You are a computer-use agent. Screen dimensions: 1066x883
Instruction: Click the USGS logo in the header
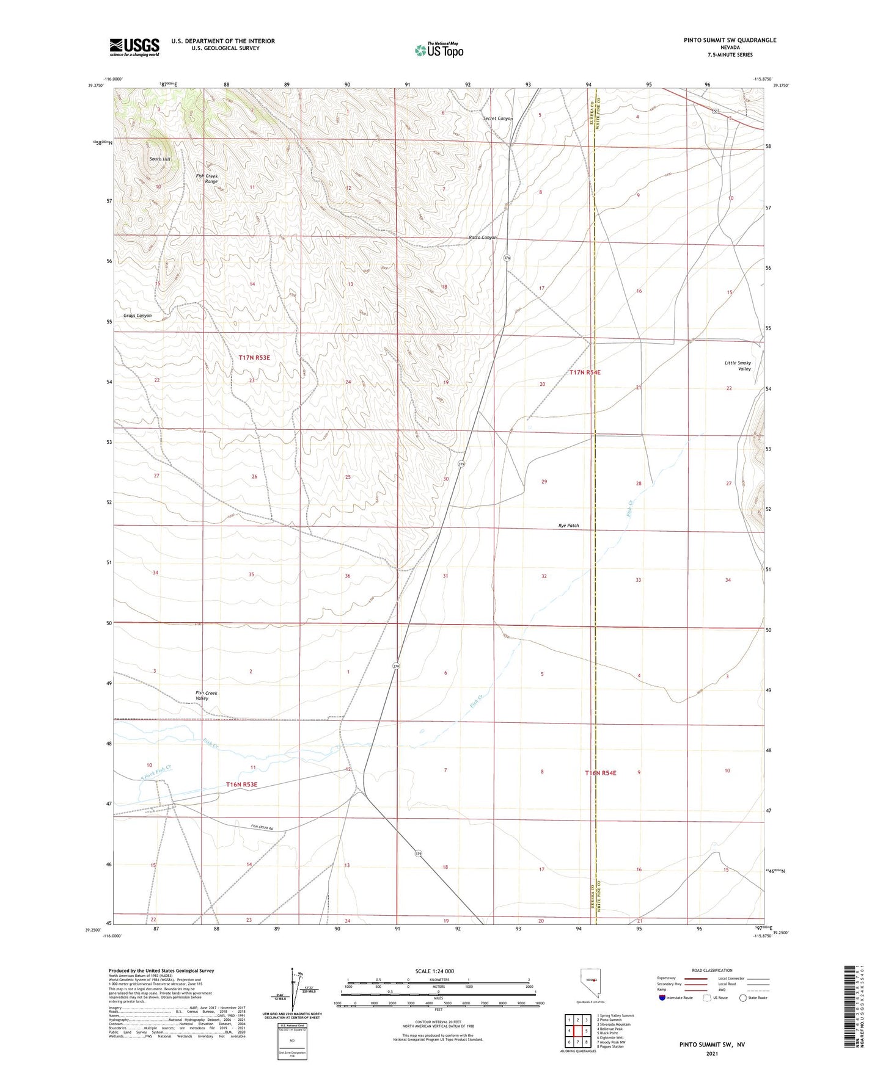134,46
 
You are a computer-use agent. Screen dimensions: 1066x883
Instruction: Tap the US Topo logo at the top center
439,50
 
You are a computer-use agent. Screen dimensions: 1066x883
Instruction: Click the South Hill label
160,159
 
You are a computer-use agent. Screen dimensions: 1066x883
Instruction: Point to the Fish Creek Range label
207,179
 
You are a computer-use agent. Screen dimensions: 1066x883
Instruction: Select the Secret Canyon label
497,118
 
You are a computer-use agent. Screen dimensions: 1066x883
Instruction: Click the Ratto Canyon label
483,237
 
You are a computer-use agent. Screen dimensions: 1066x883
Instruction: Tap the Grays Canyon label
137,316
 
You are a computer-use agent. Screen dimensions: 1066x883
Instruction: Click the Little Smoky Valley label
738,366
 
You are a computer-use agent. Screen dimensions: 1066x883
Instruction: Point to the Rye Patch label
568,526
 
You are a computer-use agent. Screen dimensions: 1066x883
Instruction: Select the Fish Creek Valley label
207,695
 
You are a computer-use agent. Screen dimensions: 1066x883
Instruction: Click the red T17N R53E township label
254,358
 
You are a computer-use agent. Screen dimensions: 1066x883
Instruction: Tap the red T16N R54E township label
601,773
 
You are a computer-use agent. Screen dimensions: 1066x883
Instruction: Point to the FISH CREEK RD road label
262,827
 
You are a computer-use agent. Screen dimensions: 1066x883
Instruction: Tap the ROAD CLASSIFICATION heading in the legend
712,971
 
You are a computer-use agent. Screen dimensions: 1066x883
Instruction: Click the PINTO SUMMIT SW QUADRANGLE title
730,40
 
